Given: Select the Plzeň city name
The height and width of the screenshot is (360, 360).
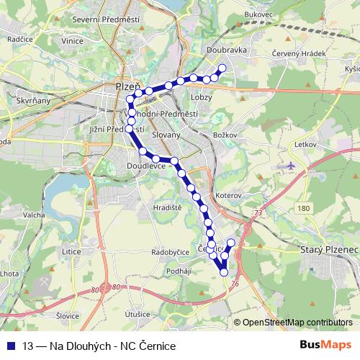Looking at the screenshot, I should pyautogui.click(x=128, y=86).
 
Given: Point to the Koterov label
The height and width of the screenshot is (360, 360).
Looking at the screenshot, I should pyautogui.click(x=227, y=195).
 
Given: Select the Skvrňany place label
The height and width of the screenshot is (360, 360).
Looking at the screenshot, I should pyautogui.click(x=32, y=102).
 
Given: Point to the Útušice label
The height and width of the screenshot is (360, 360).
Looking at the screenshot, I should pyautogui.click(x=137, y=315).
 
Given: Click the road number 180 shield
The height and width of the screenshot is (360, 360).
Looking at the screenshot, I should pyautogui.click(x=303, y=208).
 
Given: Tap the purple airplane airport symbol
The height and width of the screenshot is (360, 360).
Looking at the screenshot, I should pyautogui.click(x=290, y=166).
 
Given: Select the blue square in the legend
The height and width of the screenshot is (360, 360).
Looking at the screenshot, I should pyautogui.click(x=9, y=346).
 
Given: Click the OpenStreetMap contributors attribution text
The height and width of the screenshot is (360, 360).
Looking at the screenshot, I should pyautogui.click(x=297, y=323).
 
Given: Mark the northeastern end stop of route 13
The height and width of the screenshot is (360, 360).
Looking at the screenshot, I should pyautogui.click(x=222, y=68).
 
